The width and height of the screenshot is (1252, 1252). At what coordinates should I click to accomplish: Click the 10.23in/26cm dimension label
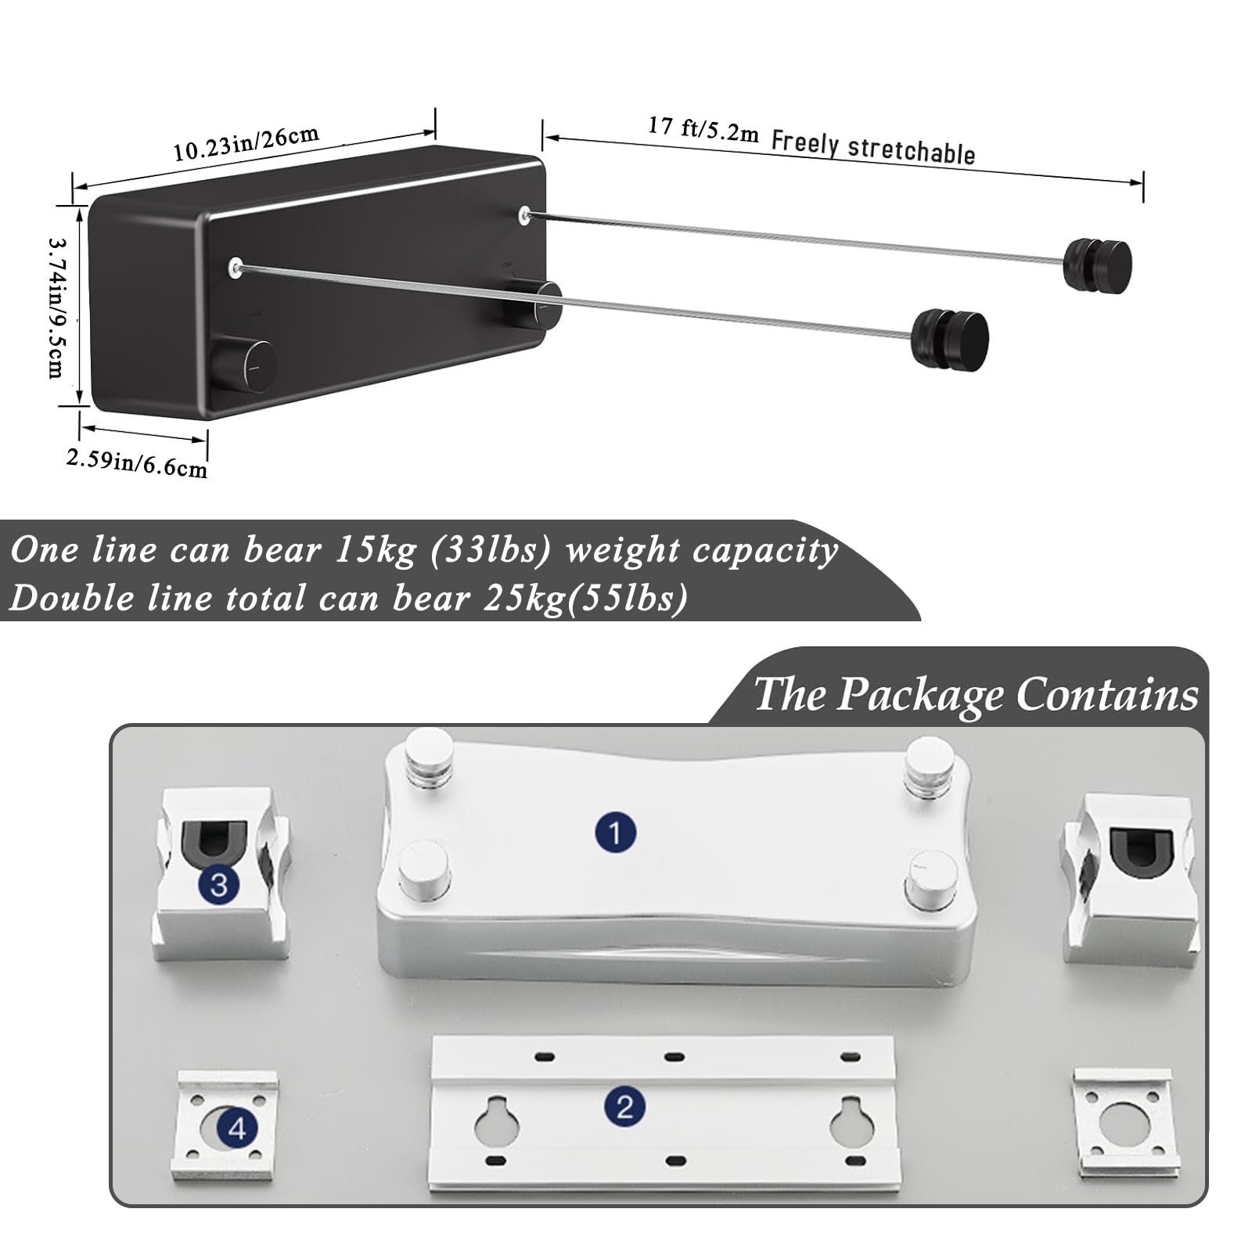click(x=246, y=142)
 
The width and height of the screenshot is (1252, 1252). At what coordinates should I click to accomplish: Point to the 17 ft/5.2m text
click(x=703, y=129)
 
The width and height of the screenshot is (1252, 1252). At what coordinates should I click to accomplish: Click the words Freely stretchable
click(x=872, y=148)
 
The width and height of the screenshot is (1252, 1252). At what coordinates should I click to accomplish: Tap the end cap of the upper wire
click(x=1098, y=265)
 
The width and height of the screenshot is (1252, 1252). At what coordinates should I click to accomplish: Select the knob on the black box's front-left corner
click(x=246, y=364)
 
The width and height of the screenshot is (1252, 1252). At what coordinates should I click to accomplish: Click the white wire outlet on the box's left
click(x=235, y=268)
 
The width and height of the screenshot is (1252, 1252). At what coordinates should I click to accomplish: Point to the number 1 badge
click(x=615, y=832)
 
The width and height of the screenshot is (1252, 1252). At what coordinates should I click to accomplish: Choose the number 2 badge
click(x=624, y=1107)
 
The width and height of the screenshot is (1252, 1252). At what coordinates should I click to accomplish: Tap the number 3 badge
click(x=219, y=885)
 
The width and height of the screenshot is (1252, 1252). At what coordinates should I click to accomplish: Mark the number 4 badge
click(x=237, y=1128)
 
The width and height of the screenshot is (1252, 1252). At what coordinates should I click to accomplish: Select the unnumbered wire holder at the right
click(x=1130, y=878)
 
